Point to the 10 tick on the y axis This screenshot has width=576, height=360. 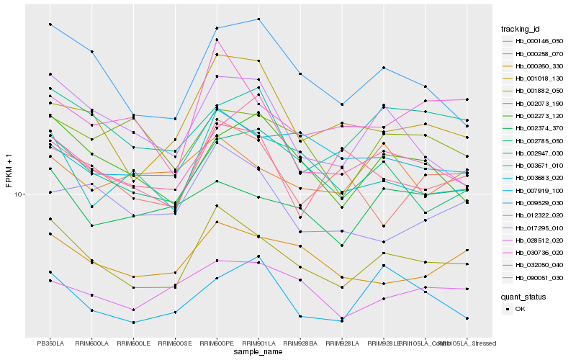coord(19,194)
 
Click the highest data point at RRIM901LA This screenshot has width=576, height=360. coord(258,19)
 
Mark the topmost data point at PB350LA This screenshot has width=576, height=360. coord(50,24)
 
